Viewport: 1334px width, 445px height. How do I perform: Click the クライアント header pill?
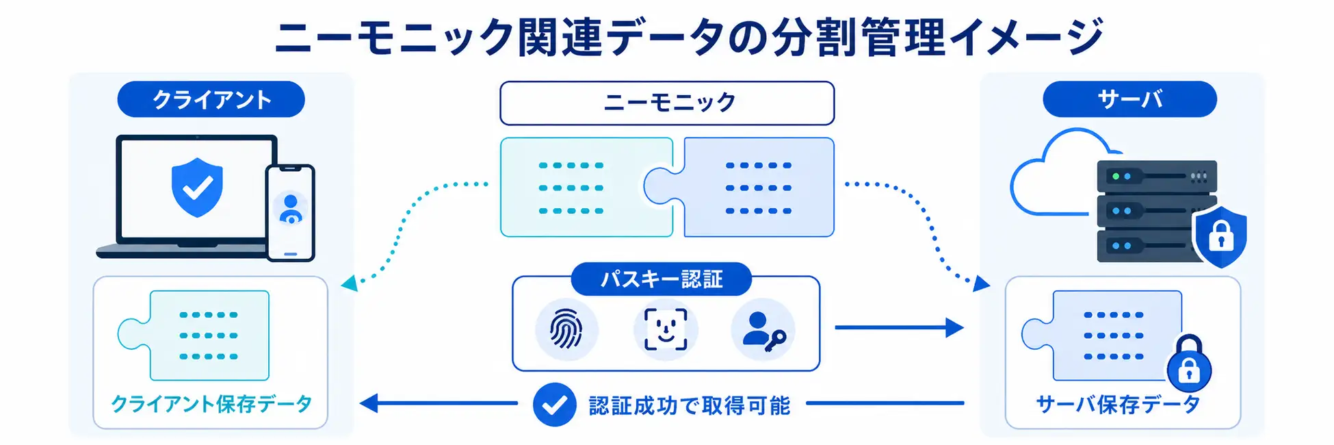point(211,99)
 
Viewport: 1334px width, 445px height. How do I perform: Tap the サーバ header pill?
point(1129,99)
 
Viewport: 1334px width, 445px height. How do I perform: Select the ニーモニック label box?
point(667,103)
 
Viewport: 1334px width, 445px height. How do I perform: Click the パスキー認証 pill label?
point(661,279)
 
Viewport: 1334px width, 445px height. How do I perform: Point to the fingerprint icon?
point(566,329)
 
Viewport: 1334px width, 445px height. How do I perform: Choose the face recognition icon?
point(666,329)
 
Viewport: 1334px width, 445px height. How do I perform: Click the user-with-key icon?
point(763,331)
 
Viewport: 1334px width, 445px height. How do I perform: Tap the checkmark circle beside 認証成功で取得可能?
point(554,405)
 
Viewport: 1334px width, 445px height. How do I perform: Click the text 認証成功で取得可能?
point(689,405)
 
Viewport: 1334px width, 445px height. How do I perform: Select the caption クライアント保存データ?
point(211,404)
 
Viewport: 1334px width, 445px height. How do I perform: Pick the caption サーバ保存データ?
point(1119,404)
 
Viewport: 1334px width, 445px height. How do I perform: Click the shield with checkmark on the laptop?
point(197,187)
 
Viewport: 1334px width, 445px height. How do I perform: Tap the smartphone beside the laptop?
point(291,212)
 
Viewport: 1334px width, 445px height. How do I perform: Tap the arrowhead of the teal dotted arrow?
point(350,283)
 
